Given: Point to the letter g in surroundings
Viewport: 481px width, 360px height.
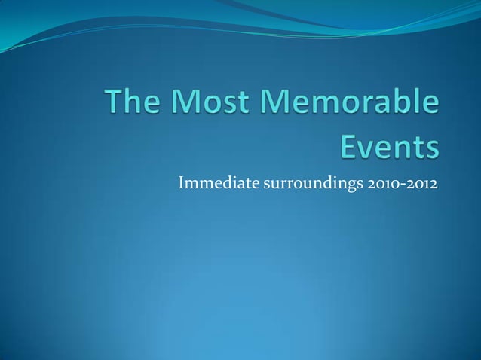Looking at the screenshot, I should coord(342,185).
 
